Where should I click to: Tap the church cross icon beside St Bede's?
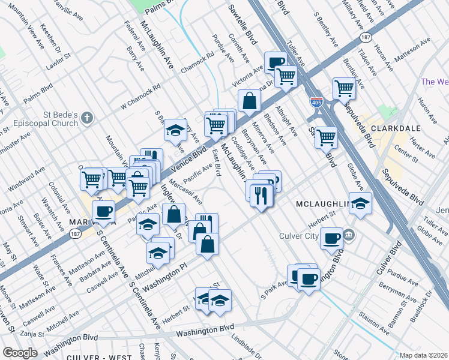point(88,118)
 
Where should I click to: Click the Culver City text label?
point(300,236)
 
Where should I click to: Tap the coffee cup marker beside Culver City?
point(331,238)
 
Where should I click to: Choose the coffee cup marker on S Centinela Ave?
point(103,210)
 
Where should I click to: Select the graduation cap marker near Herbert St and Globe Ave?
point(360,203)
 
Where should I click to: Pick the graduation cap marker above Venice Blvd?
point(175,129)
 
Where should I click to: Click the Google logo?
point(20,353)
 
